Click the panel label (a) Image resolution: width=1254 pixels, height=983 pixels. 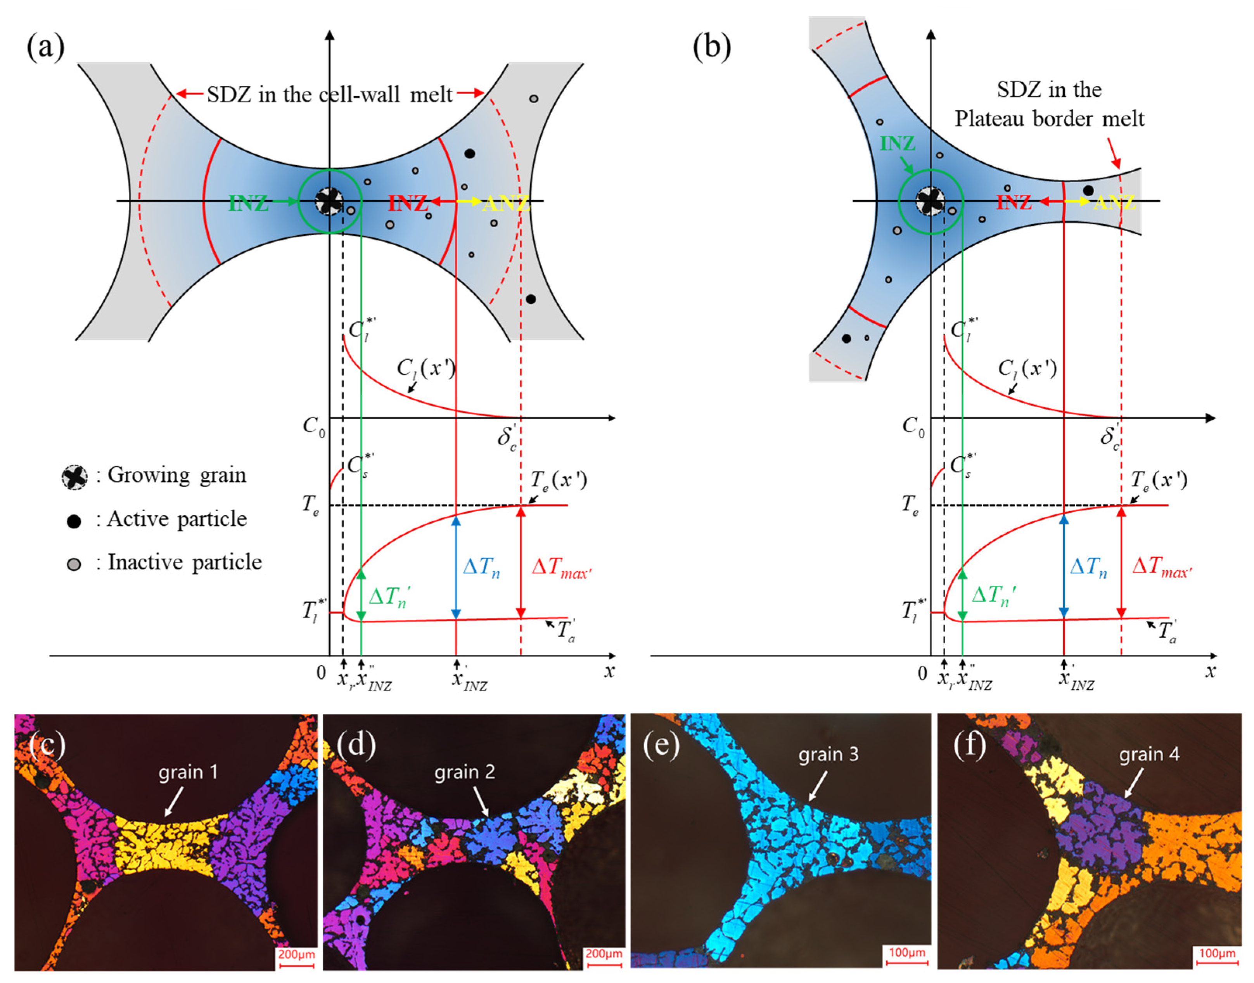point(45,47)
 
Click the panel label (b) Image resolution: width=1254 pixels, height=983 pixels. point(711,47)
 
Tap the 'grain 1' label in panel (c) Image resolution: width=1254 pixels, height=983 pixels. point(188,772)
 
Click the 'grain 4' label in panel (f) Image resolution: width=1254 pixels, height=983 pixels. point(1149,754)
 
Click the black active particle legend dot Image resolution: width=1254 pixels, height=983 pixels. point(74,521)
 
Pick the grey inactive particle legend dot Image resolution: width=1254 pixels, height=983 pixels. point(74,564)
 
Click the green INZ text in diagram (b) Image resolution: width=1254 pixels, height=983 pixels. point(897,143)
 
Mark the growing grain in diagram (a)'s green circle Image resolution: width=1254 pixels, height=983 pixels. point(330,201)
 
